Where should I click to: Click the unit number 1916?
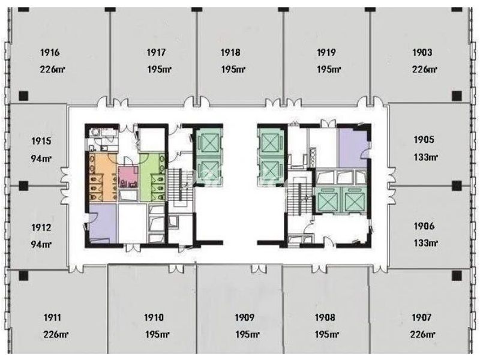50,52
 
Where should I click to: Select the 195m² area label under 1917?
159,69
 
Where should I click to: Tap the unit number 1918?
230,52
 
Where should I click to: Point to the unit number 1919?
326,52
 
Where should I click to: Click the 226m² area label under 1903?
424,69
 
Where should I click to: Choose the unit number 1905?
424,140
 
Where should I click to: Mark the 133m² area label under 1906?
425,243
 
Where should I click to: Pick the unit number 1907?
422,317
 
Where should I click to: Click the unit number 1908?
325,317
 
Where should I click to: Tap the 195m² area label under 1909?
247,334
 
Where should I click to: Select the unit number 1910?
154,317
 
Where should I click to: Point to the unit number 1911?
52,317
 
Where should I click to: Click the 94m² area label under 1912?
41,244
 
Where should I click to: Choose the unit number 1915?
41,141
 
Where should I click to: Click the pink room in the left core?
128,176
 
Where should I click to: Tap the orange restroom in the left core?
103,178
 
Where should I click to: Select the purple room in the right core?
352,148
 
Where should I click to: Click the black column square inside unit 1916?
23,96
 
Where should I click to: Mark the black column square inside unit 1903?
457,96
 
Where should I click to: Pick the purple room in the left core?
103,223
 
